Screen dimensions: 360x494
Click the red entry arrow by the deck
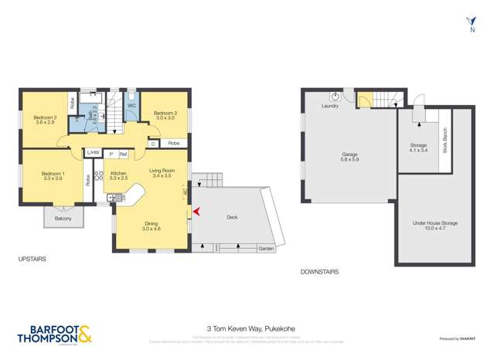click(196, 210)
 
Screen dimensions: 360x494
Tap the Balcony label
click(63, 219)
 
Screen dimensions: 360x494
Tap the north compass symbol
click(471, 22)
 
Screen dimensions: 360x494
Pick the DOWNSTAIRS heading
click(319, 272)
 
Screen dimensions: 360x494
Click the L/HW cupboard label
click(94, 153)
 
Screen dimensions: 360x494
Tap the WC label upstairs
click(131, 105)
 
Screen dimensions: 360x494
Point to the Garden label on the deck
click(266, 249)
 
